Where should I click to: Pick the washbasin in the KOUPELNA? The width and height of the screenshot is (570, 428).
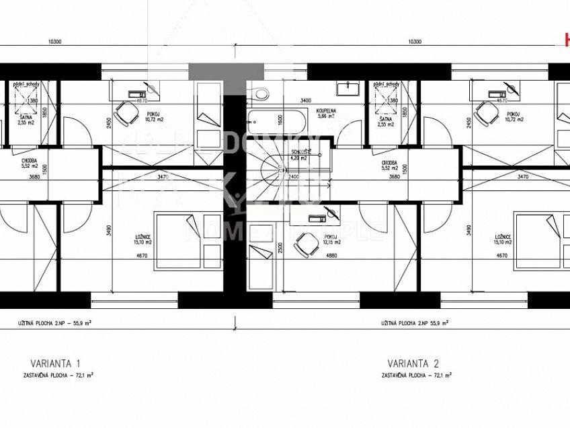tap(350, 88)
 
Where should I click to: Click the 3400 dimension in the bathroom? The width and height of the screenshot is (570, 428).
tap(305, 100)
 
